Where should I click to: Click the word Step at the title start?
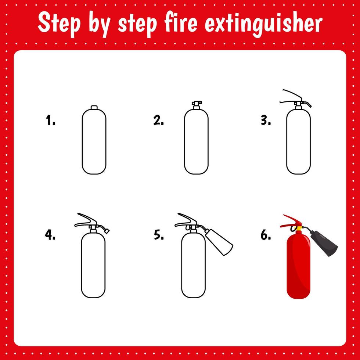pyautogui.click(x=59, y=24)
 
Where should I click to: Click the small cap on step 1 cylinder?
pyautogui.click(x=94, y=107)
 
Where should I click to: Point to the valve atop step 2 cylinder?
pyautogui.click(x=196, y=105)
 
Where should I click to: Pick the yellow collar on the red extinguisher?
pyautogui.click(x=299, y=228)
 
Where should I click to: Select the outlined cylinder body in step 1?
pyautogui.click(x=94, y=141)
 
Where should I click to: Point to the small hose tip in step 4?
pyautogui.click(x=107, y=230)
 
